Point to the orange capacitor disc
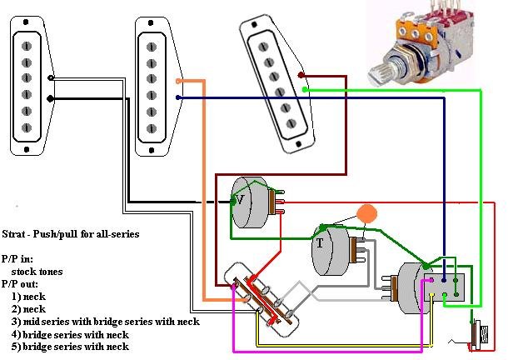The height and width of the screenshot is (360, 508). coord(365,212)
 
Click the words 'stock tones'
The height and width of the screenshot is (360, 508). coord(37,272)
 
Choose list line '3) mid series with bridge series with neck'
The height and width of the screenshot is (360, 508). coord(105,321)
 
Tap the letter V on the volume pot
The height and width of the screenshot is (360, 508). coord(240,200)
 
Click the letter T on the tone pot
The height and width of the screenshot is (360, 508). coord(319,243)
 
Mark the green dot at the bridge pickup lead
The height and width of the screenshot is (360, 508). coord(305,88)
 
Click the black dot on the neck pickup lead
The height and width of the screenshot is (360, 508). coord(52,98)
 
